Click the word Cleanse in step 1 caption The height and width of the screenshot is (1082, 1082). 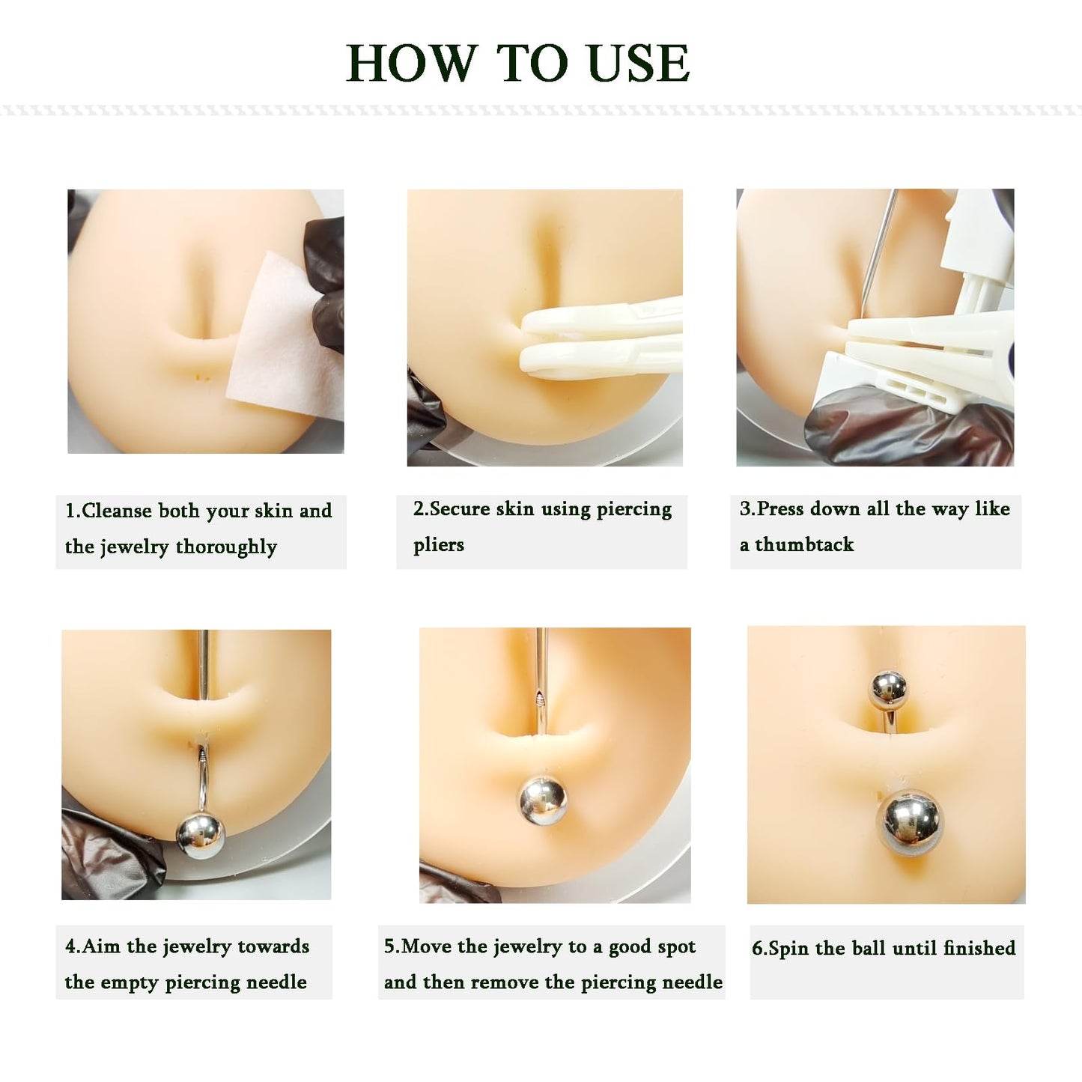click(116, 511)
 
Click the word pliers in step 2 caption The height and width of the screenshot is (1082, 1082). click(439, 544)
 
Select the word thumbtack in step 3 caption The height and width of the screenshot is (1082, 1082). click(804, 544)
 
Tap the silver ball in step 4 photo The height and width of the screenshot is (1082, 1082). click(200, 835)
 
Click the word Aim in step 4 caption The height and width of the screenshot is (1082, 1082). click(101, 946)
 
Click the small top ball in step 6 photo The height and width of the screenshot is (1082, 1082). click(887, 689)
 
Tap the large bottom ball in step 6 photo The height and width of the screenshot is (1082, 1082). click(910, 824)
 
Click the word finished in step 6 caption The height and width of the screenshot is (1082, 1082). click(979, 948)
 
